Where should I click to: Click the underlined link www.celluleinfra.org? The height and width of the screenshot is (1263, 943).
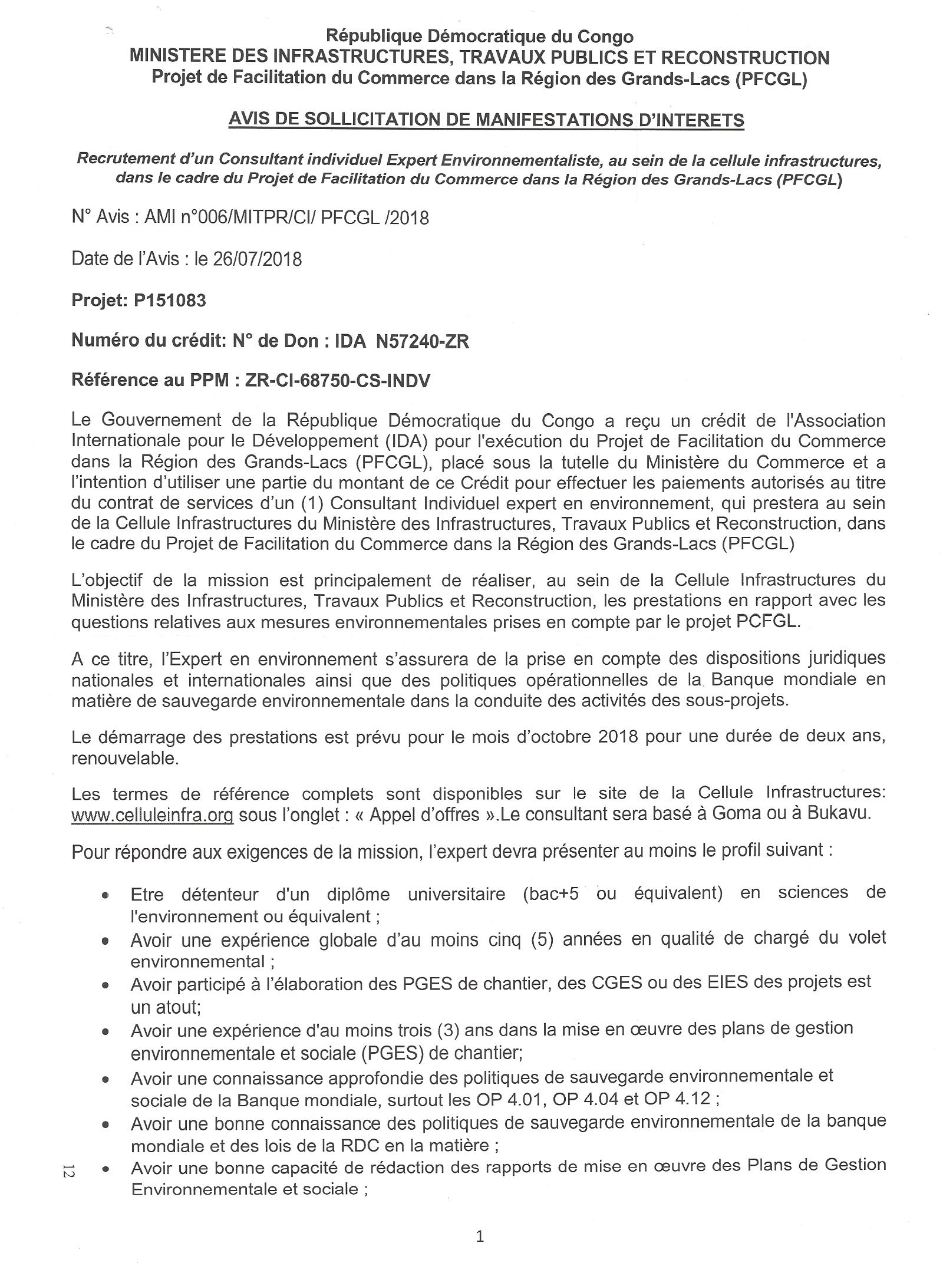[152, 816]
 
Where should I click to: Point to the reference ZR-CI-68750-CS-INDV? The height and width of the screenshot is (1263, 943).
[338, 381]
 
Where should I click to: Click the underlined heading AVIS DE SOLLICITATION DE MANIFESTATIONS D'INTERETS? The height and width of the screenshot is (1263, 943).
[486, 120]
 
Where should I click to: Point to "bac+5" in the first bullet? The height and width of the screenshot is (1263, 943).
[550, 893]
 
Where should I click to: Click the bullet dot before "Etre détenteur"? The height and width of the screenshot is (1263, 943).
[105, 896]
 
